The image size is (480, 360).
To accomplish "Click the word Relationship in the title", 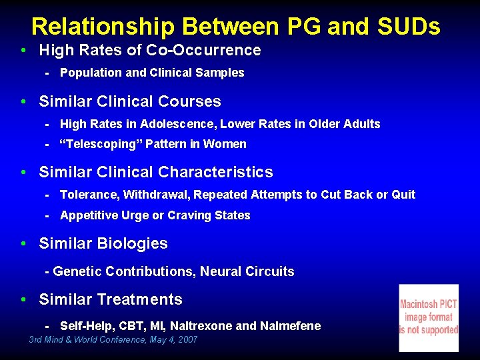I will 103,27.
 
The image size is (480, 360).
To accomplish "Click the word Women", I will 224,144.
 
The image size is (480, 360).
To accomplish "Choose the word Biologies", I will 132,243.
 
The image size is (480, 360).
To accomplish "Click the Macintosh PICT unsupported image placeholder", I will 429,318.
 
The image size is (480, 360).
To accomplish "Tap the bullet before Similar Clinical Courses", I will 24,102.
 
